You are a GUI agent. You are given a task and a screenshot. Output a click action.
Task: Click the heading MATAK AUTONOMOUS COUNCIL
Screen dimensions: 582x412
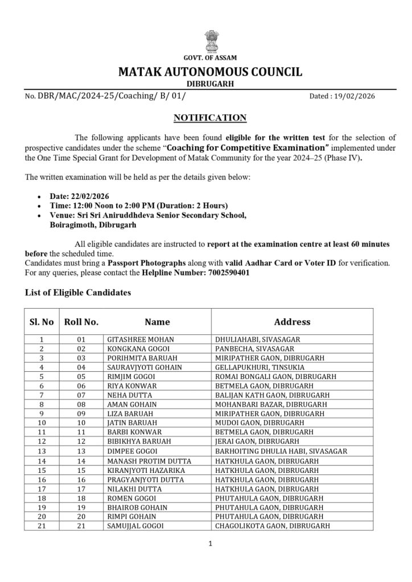click(x=210, y=72)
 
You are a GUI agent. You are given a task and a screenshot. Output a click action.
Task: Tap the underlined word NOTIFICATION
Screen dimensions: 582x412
click(x=210, y=118)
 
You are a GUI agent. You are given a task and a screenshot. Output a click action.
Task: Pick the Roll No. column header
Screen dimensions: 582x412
click(x=81, y=322)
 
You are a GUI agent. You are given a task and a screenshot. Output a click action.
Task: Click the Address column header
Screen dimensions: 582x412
click(x=292, y=322)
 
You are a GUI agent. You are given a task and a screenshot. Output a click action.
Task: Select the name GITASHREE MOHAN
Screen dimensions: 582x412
click(x=141, y=339)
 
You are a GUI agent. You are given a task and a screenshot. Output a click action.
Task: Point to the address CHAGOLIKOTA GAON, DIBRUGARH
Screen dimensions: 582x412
click(x=272, y=526)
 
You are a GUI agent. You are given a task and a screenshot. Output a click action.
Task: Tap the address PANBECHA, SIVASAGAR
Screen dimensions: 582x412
click(x=254, y=348)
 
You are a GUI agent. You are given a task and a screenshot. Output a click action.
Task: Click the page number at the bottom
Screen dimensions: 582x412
click(x=210, y=544)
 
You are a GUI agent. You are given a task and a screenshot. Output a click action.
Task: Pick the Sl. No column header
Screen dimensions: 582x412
click(x=42, y=322)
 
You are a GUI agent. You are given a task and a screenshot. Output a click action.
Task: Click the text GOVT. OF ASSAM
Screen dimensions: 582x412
click(x=210, y=58)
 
